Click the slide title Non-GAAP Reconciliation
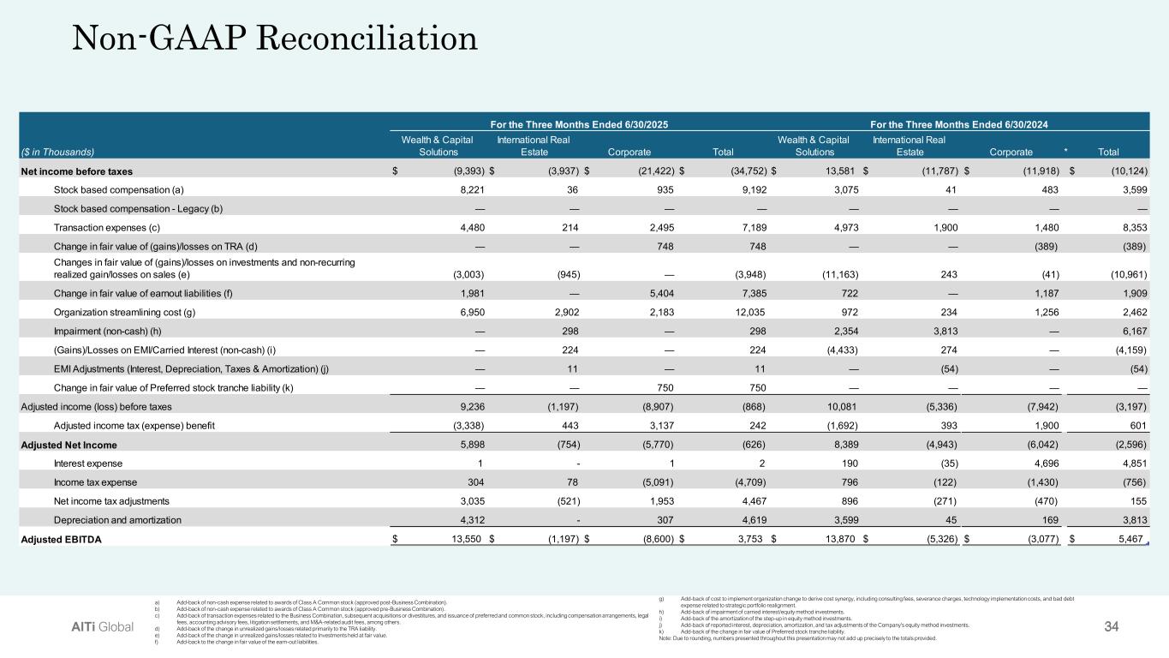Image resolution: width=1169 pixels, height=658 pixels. pos(273,39)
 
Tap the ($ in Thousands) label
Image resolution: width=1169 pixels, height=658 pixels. pos(57,152)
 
